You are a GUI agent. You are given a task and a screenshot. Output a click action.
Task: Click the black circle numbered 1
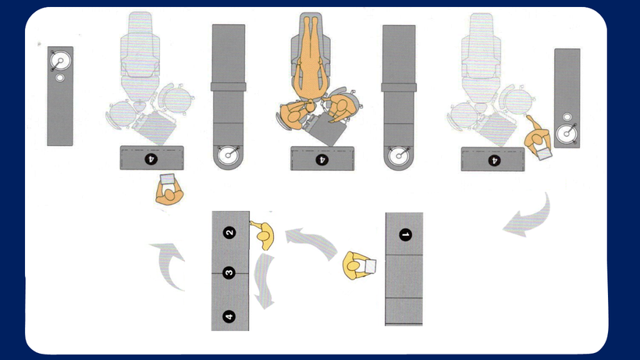[405, 235]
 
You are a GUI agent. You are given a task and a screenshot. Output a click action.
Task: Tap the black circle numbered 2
[229, 233]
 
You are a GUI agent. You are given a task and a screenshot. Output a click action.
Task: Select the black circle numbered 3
[229, 273]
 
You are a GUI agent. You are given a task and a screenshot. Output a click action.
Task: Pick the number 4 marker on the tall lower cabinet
[229, 316]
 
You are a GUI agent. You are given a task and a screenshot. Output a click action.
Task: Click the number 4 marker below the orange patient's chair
[322, 159]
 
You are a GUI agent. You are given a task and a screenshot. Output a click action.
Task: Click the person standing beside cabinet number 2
[264, 235]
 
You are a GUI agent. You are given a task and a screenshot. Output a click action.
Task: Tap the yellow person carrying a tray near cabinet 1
[358, 266]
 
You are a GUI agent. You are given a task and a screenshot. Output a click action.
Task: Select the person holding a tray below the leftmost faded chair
[169, 191]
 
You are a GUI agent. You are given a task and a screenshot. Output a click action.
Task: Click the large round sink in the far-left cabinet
[60, 61]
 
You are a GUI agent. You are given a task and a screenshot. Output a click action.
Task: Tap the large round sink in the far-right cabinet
[567, 134]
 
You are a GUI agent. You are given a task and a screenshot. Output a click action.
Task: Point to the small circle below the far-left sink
[60, 77]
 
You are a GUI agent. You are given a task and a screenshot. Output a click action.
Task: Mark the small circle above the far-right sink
[567, 117]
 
